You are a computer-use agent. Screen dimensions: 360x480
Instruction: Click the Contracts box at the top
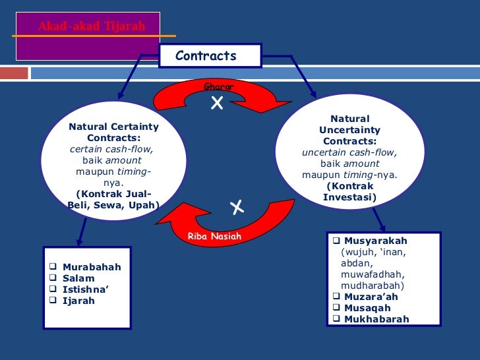coord(210,56)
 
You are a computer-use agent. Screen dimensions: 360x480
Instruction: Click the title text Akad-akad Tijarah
coord(91,27)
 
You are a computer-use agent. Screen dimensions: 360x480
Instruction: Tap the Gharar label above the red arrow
coord(219,86)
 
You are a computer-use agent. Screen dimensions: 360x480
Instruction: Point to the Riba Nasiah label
coord(214,236)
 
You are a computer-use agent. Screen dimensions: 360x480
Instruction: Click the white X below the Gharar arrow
coord(217,103)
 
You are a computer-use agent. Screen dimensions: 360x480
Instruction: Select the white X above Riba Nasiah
coord(237,208)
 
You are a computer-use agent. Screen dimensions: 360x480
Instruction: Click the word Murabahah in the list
coord(92,267)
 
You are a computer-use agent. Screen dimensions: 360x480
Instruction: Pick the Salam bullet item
coord(78,278)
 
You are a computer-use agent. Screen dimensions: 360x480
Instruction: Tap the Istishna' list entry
coord(85,289)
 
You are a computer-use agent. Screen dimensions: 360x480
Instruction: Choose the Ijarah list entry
coord(78,301)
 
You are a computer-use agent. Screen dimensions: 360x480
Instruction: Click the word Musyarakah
coord(376,241)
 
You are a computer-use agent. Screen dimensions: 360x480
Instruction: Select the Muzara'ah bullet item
coord(371,297)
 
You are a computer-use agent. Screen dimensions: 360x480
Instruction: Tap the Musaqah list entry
coord(367,308)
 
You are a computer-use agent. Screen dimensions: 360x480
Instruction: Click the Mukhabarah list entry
coord(376,319)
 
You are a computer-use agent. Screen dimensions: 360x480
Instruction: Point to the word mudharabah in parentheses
coord(372,285)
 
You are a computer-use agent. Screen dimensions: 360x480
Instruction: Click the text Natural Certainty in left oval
coord(113,126)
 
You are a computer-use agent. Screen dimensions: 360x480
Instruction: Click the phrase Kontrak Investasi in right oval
coord(349,191)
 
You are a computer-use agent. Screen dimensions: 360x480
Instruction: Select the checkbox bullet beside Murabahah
coord(53,267)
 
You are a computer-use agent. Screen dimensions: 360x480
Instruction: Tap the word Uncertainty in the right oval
coord(349,131)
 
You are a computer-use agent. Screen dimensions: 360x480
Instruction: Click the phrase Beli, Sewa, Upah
coord(113,204)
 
